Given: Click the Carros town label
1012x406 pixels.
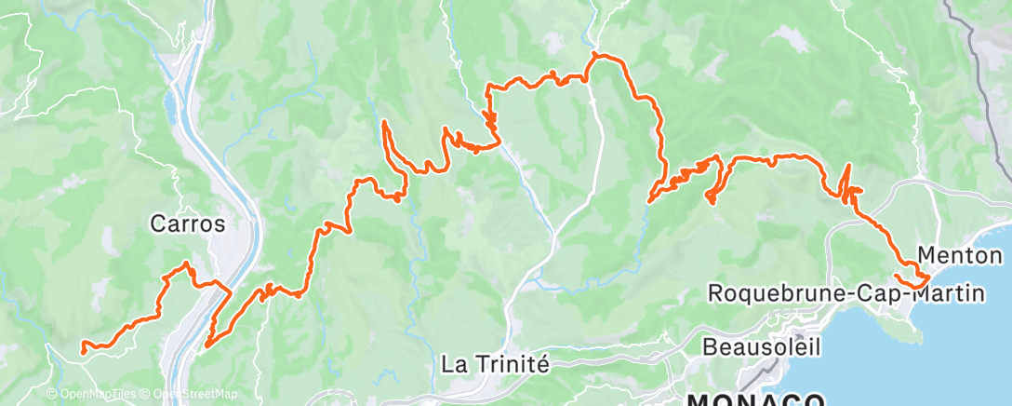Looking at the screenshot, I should (187, 223).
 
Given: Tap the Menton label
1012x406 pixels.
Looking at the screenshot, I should (959, 255).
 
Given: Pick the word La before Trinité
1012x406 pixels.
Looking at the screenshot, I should (453, 363).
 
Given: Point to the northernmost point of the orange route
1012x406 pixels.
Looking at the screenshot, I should (593, 56).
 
